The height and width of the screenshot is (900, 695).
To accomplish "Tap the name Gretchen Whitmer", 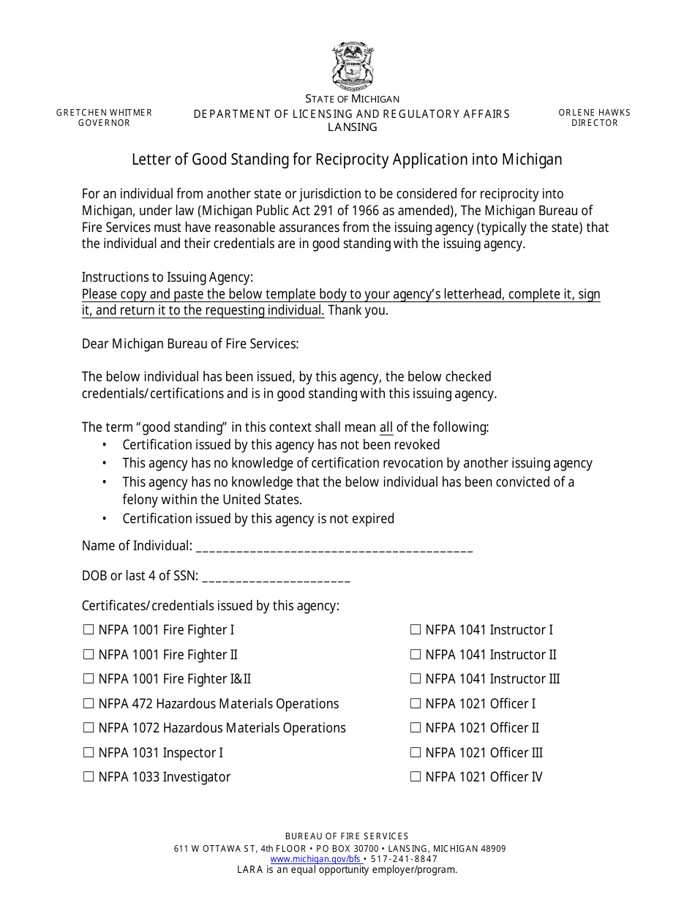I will click(x=104, y=113).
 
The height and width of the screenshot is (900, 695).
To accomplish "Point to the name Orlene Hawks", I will click(x=594, y=113).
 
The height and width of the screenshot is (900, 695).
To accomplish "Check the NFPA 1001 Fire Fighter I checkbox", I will click(x=89, y=629).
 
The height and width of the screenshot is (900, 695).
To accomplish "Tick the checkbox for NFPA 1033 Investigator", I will click(x=89, y=776).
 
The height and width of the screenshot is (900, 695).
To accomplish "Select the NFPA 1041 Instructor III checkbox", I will click(x=416, y=678).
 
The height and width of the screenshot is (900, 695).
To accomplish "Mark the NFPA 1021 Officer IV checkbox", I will click(x=416, y=776).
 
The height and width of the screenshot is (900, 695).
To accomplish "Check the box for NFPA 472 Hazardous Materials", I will click(x=89, y=703).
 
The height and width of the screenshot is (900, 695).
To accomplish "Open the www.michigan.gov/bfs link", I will click(x=315, y=859).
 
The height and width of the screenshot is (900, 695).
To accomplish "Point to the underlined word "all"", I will click(x=386, y=427).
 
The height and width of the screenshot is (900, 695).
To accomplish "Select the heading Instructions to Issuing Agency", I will click(x=168, y=277).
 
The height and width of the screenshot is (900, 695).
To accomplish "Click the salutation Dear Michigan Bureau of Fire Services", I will click(x=190, y=344).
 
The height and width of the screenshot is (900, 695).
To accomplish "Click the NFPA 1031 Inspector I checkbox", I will click(x=89, y=752).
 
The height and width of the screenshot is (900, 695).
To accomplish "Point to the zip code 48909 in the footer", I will click(x=491, y=849).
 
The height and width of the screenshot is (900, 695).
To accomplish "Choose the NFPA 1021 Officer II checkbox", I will click(x=416, y=727).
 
